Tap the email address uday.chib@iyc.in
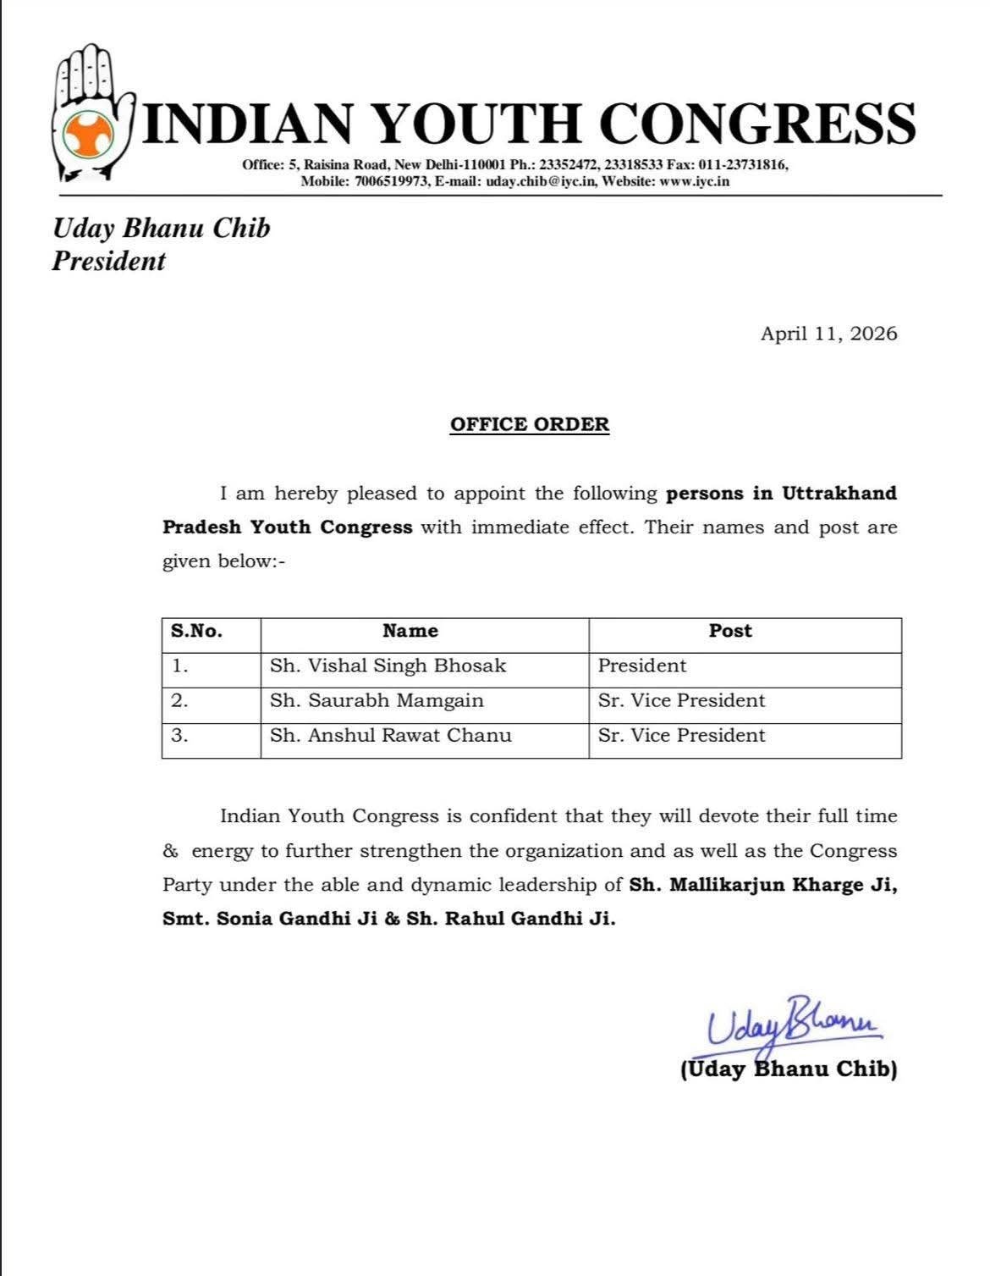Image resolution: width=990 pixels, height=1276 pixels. pos(542,181)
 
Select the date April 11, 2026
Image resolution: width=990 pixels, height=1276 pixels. pos(828,334)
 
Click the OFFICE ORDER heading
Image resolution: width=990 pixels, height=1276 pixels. pos(530,424)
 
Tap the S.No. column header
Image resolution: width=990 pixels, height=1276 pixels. pos(196,631)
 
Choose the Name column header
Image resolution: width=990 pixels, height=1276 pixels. pos(410,631)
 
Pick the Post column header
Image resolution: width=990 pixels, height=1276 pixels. pos(730,631)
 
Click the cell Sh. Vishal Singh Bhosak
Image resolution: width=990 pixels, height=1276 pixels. pos(388,666)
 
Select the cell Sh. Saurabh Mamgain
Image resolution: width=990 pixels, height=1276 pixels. pos(377,701)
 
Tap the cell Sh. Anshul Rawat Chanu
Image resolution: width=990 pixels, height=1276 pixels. pos(390,736)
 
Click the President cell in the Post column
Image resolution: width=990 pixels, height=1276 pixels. pos(642,666)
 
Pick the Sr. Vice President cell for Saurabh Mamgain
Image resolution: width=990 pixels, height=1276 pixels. pos(681,701)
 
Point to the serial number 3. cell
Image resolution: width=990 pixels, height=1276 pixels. pos(179,736)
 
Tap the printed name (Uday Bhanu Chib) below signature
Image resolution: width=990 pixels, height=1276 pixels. pos(789,1069)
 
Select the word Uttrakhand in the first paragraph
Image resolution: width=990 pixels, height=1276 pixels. pos(839,493)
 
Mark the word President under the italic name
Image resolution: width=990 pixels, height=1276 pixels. pos(108,261)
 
